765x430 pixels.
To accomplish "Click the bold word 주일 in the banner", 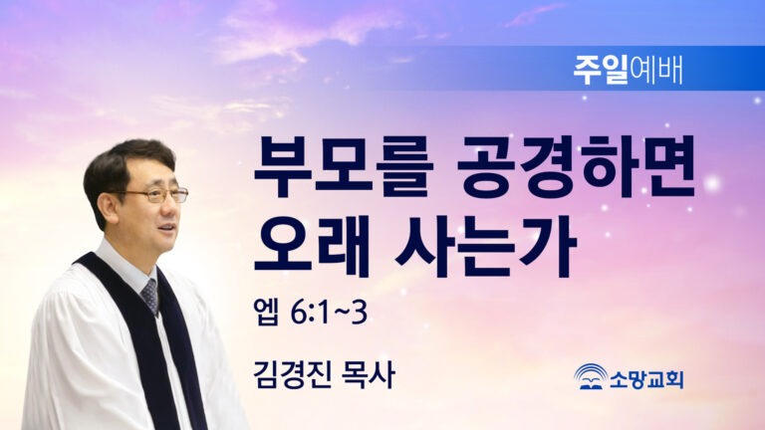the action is (601, 70).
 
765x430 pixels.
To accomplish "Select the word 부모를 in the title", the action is (344, 167).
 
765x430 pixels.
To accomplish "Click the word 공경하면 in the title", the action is (577, 167).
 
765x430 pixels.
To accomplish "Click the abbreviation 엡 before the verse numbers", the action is (266, 312).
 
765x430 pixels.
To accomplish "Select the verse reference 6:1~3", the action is (329, 312).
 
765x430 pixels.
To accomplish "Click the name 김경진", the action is (292, 374).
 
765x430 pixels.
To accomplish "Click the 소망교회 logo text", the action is (646, 379).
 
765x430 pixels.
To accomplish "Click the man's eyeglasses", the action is (155, 195).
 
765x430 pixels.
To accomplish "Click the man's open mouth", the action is (167, 227).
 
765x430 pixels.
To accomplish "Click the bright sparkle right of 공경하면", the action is (712, 184).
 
